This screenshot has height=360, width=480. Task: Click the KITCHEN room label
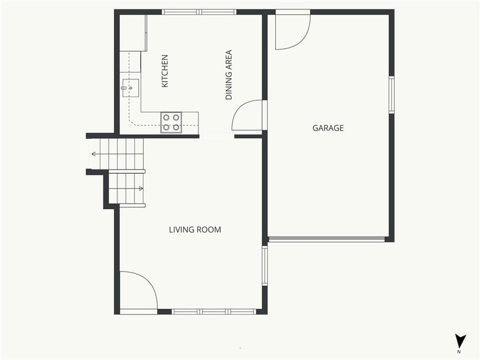click(165, 71)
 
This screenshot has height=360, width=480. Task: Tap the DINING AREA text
click(229, 75)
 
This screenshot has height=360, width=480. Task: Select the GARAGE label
click(328, 128)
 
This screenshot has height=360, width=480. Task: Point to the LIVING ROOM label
click(195, 230)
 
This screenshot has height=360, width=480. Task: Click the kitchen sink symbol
click(130, 87)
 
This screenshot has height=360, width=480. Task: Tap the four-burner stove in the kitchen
click(171, 122)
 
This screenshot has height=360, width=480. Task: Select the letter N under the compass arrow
click(459, 353)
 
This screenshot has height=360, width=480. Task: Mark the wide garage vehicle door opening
click(326, 239)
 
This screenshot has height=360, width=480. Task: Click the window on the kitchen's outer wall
click(199, 12)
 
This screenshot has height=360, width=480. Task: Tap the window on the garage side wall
click(391, 95)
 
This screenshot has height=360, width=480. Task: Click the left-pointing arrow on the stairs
click(94, 154)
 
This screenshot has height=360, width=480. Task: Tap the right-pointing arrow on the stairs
click(140, 188)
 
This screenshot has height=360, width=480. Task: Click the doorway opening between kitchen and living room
click(217, 137)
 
